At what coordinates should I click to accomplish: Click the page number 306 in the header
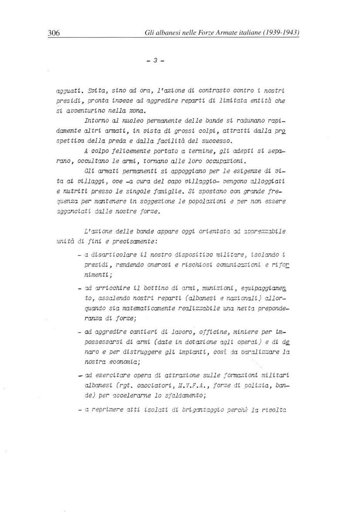pyautogui.click(x=54, y=33)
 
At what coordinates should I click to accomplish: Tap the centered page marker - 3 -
pyautogui.click(x=156, y=60)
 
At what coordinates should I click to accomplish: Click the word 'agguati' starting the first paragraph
pyautogui.click(x=69, y=91)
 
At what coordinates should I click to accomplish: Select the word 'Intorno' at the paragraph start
pyautogui.click(x=97, y=121)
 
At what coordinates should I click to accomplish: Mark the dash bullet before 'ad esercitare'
pyautogui.click(x=80, y=376)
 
